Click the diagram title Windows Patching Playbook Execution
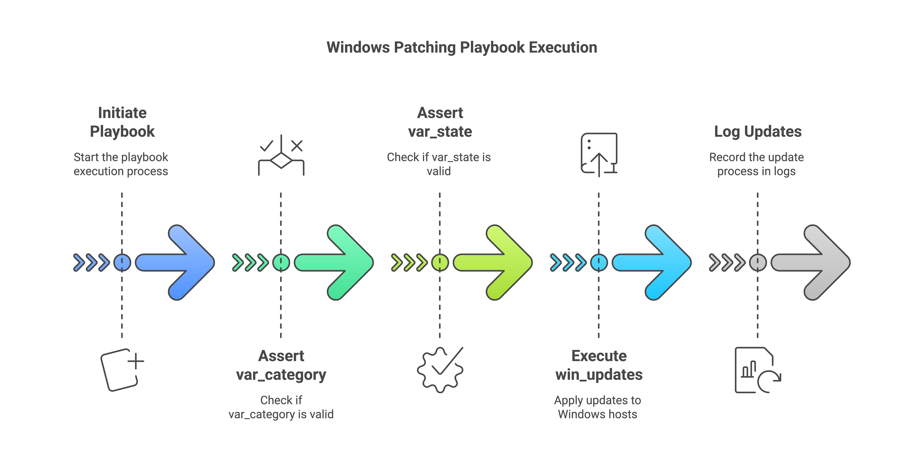tap(462, 47)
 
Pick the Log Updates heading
tap(758, 132)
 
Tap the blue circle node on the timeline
tap(122, 262)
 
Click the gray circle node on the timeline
tap(758, 262)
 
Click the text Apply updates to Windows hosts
tap(598, 407)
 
